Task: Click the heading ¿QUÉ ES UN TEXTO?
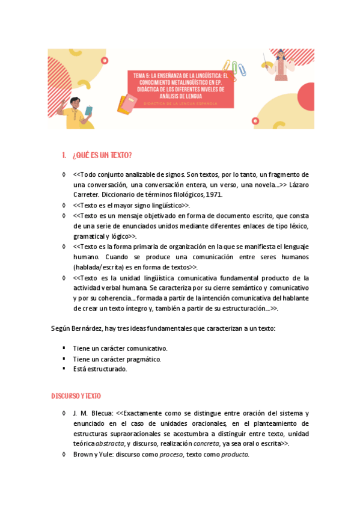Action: coord(102,156)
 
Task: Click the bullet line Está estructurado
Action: coord(100,369)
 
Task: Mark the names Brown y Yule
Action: coord(93,455)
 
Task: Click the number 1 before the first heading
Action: coord(64,156)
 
